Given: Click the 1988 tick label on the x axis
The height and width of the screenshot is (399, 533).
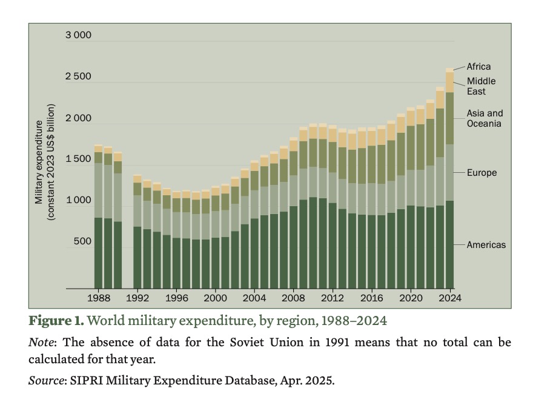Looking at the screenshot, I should (98, 298).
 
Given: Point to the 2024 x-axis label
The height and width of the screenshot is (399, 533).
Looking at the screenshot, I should (450, 298).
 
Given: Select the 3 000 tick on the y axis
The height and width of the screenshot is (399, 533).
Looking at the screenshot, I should (79, 35).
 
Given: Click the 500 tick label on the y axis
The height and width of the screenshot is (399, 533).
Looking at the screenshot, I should (82, 241).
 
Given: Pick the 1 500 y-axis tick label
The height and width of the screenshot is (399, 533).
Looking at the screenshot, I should (79, 159).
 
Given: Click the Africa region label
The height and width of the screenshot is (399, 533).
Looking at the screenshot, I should (478, 67).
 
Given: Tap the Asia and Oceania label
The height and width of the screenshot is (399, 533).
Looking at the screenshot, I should (485, 118).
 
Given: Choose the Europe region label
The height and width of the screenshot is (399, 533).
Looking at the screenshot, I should (482, 173).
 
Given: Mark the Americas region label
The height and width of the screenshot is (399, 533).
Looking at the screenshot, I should (486, 245).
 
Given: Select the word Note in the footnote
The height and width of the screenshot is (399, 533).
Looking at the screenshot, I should (39, 342).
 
